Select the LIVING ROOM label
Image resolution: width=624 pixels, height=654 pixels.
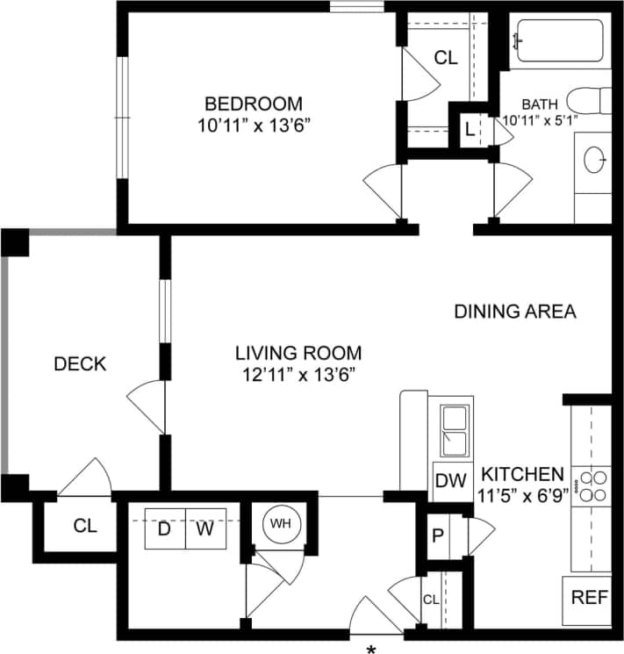[x=298, y=353]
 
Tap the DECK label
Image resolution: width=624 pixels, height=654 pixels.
[x=80, y=363]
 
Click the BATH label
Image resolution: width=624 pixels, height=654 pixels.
[x=540, y=103]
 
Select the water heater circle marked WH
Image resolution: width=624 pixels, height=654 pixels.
[x=280, y=524]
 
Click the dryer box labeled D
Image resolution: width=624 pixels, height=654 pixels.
[x=164, y=529]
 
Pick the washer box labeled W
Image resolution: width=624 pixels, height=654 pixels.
[x=205, y=529]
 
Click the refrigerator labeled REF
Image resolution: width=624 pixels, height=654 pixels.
[x=589, y=598]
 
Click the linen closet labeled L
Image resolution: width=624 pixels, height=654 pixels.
[x=470, y=131]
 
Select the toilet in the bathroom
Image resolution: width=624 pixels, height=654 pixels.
[x=586, y=100]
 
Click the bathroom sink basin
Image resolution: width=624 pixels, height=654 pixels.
[x=595, y=161]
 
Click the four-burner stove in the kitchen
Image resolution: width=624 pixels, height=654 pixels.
[x=590, y=486]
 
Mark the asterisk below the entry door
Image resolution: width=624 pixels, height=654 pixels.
[x=372, y=649]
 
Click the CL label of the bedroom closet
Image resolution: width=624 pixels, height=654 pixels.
[x=446, y=59]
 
